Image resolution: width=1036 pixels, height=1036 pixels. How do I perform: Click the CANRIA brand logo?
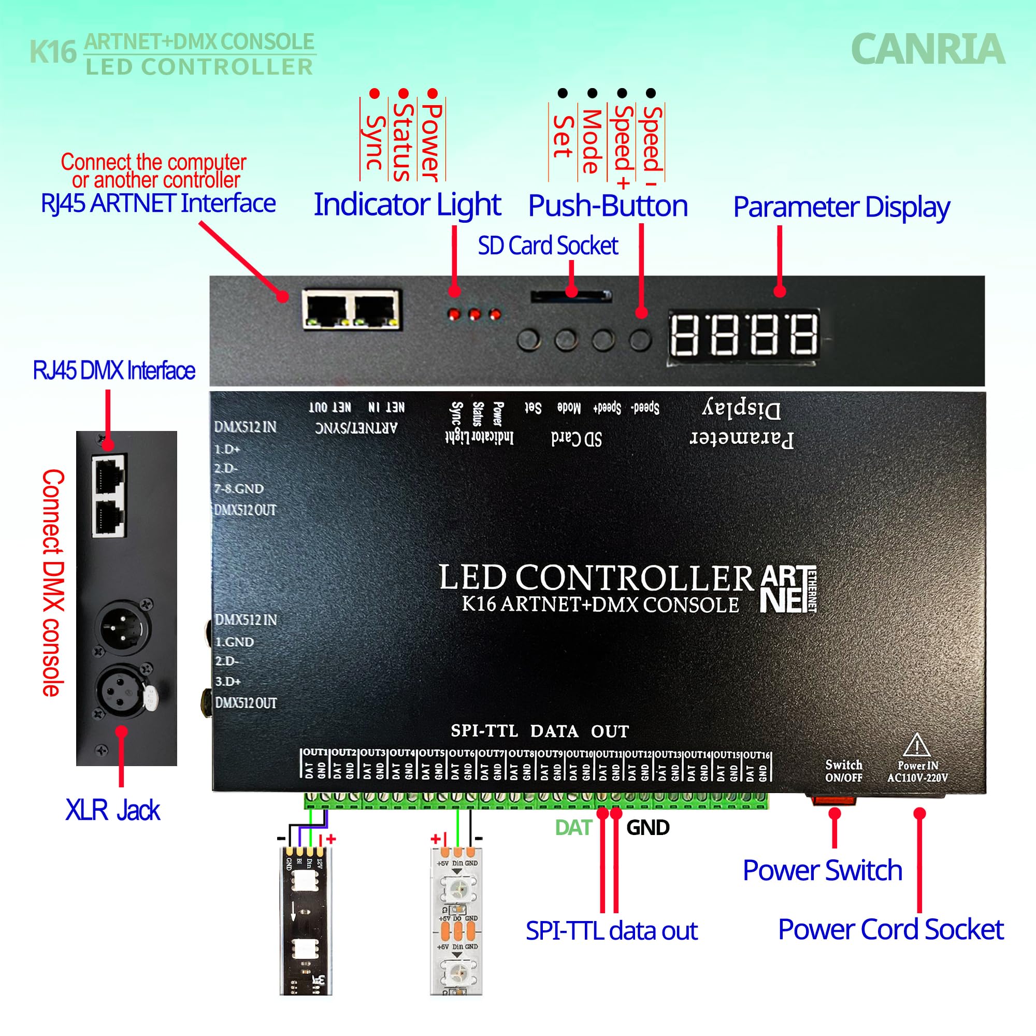[927, 49]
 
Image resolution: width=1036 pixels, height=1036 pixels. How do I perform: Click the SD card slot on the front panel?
[570, 296]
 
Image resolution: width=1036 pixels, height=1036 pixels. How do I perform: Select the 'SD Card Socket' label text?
[548, 246]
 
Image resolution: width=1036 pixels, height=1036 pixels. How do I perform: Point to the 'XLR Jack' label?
[112, 810]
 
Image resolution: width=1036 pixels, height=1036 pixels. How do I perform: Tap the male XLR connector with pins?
[123, 626]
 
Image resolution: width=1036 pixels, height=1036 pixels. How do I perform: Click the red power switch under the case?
[833, 801]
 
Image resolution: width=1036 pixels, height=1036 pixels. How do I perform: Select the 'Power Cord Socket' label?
[890, 929]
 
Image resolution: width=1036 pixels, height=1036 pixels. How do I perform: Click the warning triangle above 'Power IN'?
[917, 745]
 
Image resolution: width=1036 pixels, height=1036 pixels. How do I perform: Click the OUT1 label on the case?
[315, 753]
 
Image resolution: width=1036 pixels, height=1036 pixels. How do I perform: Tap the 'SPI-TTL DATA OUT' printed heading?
[539, 731]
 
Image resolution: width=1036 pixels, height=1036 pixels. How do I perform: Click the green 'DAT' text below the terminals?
[573, 827]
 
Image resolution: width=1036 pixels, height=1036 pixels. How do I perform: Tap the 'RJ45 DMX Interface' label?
[113, 370]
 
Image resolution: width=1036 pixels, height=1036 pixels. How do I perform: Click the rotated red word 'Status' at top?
[403, 141]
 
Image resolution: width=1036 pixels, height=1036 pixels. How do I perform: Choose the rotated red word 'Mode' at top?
[591, 141]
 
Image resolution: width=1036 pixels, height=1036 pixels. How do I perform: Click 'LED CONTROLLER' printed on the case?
[596, 578]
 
